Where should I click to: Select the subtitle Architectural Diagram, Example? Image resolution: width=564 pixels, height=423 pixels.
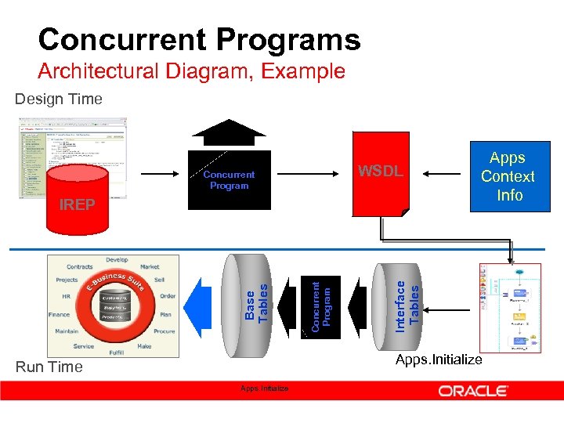(191, 71)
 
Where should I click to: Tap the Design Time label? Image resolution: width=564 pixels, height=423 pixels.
(59, 99)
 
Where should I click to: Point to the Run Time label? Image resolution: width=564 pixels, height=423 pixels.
(49, 367)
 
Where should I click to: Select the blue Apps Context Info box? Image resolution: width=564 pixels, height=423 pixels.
(508, 177)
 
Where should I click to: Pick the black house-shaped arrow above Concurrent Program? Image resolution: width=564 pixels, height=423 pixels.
(229, 131)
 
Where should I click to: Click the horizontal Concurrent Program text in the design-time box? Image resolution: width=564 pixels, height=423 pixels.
(229, 180)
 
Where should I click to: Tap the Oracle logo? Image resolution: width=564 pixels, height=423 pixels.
(473, 390)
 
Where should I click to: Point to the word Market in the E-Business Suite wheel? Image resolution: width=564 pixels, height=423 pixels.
(150, 267)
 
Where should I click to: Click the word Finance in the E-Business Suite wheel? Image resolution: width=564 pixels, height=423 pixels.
(59, 314)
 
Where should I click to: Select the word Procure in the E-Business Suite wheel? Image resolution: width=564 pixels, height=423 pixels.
(164, 331)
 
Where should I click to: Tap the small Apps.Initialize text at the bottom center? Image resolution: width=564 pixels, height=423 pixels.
(264, 389)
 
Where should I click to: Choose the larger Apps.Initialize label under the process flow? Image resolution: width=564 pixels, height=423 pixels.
(439, 359)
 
